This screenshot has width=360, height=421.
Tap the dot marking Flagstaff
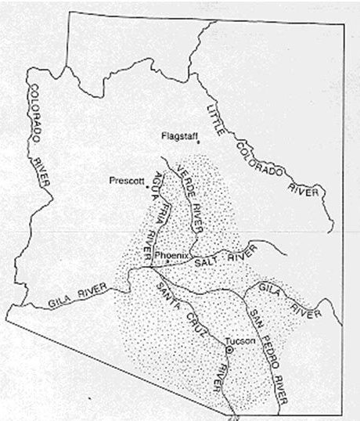click(199, 142)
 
